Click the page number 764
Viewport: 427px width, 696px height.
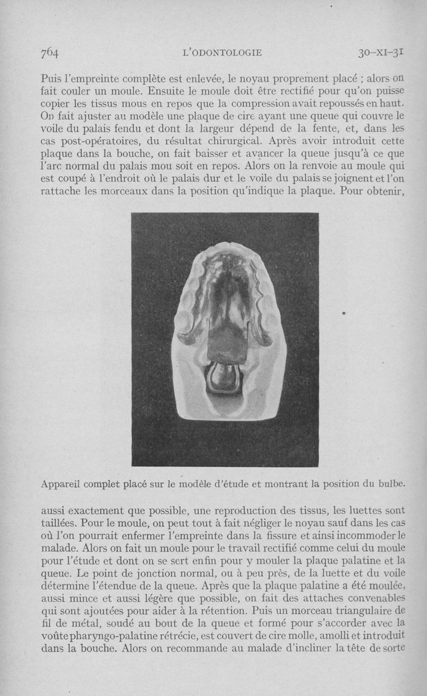tap(49, 53)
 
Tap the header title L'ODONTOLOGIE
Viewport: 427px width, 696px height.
tap(222, 53)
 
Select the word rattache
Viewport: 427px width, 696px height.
tap(60, 192)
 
